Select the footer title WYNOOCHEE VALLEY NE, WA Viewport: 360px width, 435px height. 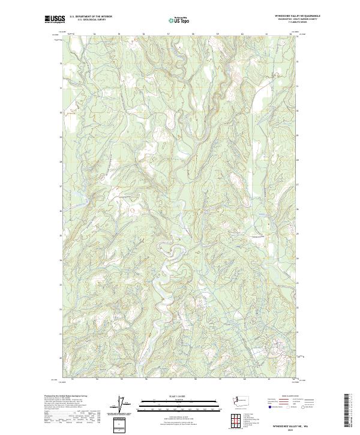[x=290, y=424]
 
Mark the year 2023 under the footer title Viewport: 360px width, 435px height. [x=290, y=427]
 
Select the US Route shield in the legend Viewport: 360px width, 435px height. [x=287, y=406]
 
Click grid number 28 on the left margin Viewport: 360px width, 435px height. [x=61, y=161]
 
